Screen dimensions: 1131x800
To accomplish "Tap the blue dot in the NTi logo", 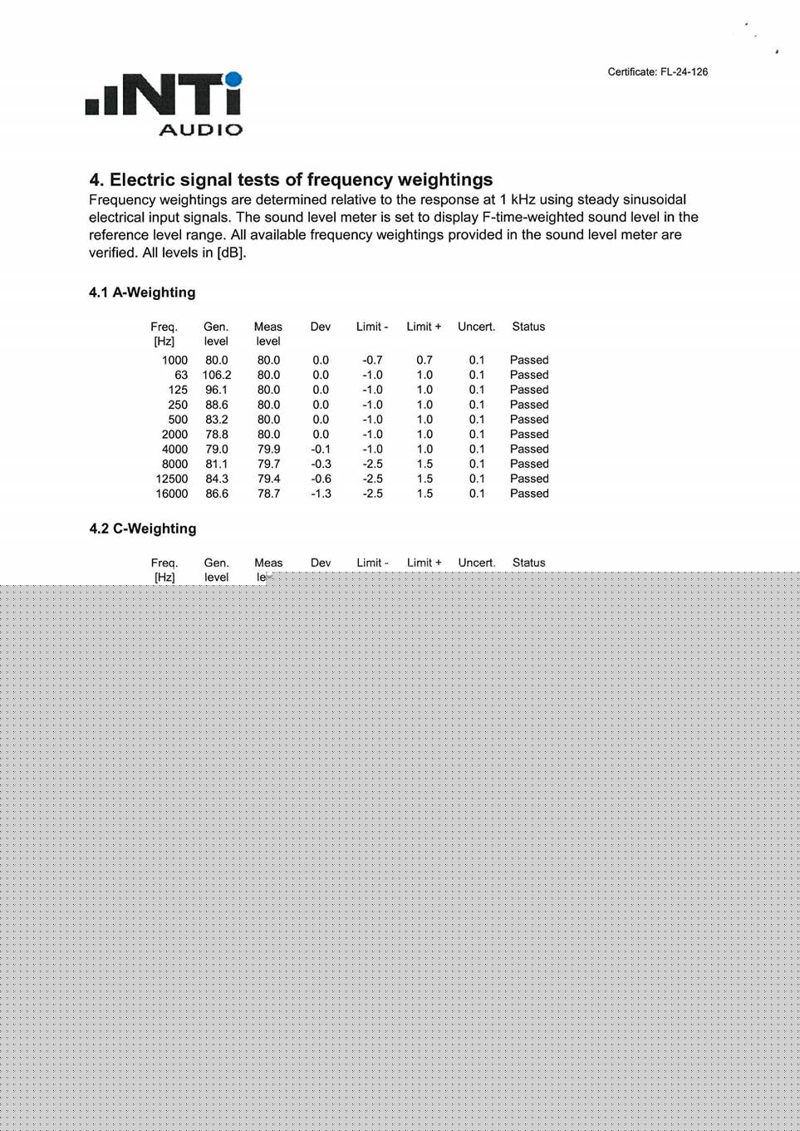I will pos(233,80).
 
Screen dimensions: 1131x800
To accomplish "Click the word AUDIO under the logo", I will pos(201,130).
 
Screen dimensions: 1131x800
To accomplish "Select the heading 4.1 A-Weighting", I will pos(142,293).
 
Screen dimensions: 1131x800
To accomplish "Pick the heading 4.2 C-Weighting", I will pos(143,529).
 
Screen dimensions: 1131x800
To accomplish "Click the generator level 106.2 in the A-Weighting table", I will pos(217,375).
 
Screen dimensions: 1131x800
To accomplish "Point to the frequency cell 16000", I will pos(172,494).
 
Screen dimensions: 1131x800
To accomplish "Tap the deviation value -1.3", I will pos(321,494).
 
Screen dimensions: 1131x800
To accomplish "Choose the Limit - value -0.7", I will pos(372,360).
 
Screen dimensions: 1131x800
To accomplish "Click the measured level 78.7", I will pos(268,494).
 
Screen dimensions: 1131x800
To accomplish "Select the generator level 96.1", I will pos(217,390).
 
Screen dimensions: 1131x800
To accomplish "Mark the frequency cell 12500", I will pos(172,479).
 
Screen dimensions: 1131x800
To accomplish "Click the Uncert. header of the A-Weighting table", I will pos(476,327).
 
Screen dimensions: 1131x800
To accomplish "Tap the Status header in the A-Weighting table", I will pos(528,327).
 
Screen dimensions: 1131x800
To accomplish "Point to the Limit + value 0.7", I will pos(425,360).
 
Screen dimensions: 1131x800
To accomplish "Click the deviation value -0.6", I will pos(321,479).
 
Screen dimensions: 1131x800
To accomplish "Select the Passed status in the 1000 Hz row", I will pos(529,360).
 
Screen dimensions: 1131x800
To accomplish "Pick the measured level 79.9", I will pos(268,449).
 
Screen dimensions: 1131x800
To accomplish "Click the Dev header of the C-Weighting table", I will pos(321,563).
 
